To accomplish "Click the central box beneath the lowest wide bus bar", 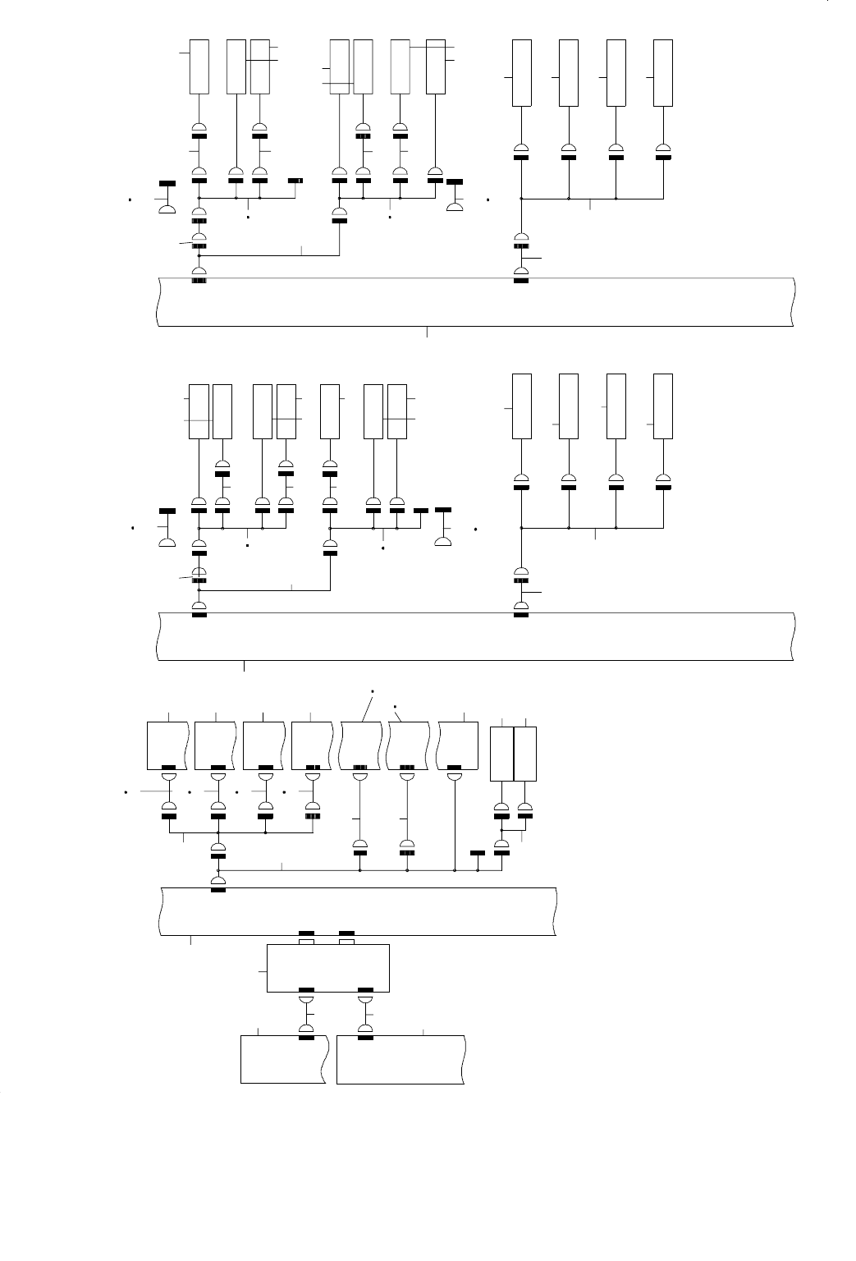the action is pos(328,969).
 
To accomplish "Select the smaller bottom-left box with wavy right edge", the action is pos(284,1059).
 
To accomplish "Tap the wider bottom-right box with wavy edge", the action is pos(401,1059).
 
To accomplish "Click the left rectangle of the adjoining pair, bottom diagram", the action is pos(501,754).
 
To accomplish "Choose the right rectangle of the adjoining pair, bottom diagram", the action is pos(525,754).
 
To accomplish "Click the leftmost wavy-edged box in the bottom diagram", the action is pos(168,745).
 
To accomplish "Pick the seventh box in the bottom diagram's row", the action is pos(459,745).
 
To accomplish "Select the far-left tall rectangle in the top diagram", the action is pos(199,66).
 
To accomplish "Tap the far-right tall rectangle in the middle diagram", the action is pos(662,406).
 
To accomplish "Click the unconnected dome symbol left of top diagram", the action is pos(167,209).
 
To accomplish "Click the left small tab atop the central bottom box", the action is pos(306,942).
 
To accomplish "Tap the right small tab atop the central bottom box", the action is pos(346,942).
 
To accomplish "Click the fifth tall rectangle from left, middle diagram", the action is pos(330,411).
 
